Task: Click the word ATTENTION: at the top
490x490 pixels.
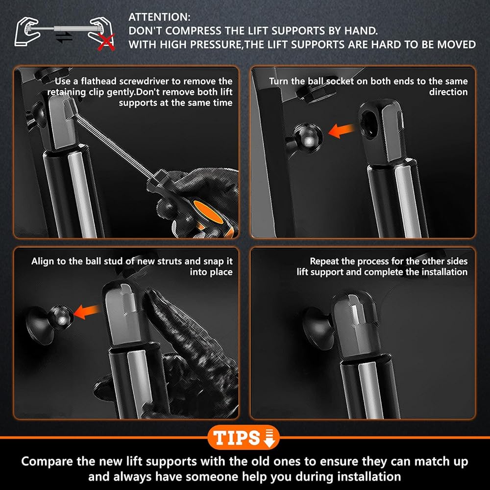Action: pyautogui.click(x=159, y=17)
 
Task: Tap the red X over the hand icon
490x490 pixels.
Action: pyautogui.click(x=106, y=43)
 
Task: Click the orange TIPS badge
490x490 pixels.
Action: pyautogui.click(x=243, y=437)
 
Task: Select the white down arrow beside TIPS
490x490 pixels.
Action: pyautogui.click(x=269, y=438)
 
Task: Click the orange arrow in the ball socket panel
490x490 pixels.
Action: pyautogui.click(x=341, y=130)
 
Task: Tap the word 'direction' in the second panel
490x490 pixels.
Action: pyautogui.click(x=448, y=92)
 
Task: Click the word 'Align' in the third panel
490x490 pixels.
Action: pyautogui.click(x=43, y=261)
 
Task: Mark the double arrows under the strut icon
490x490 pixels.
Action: pyautogui.click(x=64, y=38)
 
